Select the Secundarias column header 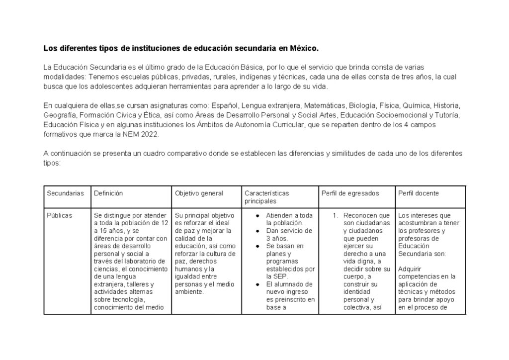click(x=65, y=193)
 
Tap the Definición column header click(x=108, y=193)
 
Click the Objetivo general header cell click(x=199, y=193)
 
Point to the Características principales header click(x=266, y=197)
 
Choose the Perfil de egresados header click(x=350, y=193)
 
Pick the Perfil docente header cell click(x=419, y=193)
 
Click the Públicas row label click(x=59, y=215)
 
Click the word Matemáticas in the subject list click(x=324, y=106)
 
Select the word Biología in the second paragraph click(x=362, y=106)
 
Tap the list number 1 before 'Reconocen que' click(x=336, y=216)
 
